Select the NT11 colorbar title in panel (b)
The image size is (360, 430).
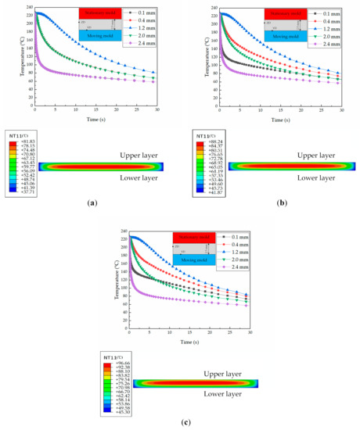pos(208,137)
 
